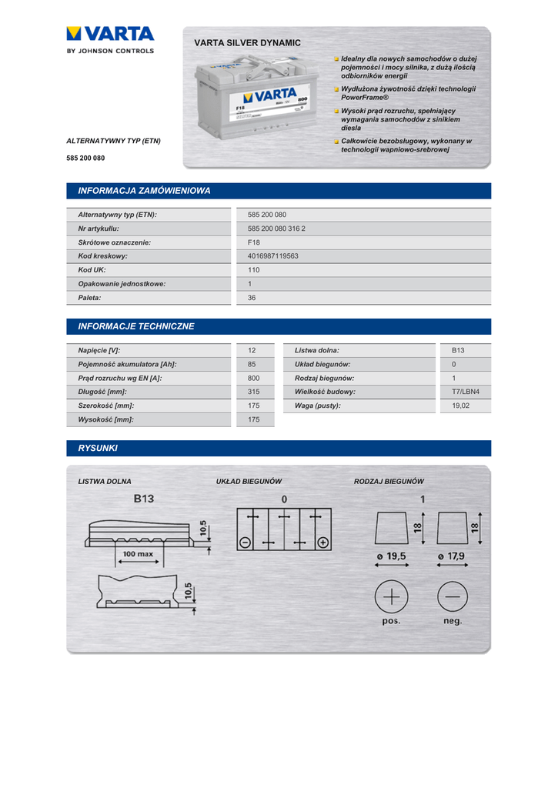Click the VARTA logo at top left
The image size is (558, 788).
pos(110,34)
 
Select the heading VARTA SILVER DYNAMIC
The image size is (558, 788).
pos(247,43)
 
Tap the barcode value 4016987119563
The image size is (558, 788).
pos(273,256)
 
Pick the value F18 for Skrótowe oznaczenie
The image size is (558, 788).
pos(254,242)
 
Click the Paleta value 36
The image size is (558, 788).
pos(252,298)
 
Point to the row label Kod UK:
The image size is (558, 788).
pos(92,270)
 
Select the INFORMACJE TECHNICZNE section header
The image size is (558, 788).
pos(136,326)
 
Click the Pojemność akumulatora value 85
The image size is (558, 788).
pos(252,364)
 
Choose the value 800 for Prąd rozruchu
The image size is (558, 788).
pos(253,378)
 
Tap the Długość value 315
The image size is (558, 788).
pos(253,392)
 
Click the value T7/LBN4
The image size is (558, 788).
pos(465,392)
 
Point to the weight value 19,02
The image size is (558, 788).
pos(460,406)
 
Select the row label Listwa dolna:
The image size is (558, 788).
pos(317,350)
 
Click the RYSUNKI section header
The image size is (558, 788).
pos(98,448)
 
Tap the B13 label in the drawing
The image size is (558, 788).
pos(144,499)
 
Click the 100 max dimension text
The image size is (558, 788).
pos(137,553)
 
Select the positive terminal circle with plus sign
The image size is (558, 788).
pos(391,597)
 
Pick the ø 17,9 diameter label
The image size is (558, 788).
pos(452,556)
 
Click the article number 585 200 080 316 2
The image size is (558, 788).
pos(276,229)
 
